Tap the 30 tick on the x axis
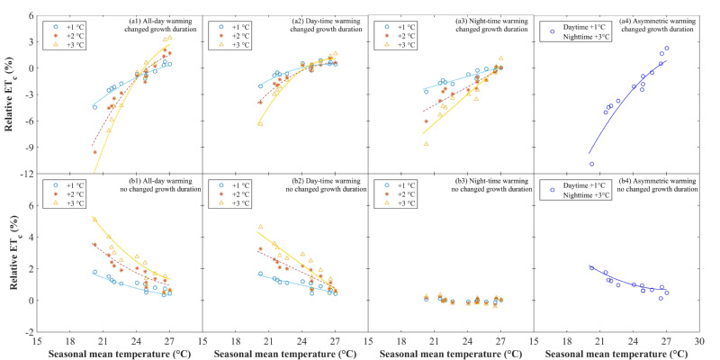pos(699,342)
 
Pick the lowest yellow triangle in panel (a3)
pos(426,144)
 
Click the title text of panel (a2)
pos(328,23)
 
